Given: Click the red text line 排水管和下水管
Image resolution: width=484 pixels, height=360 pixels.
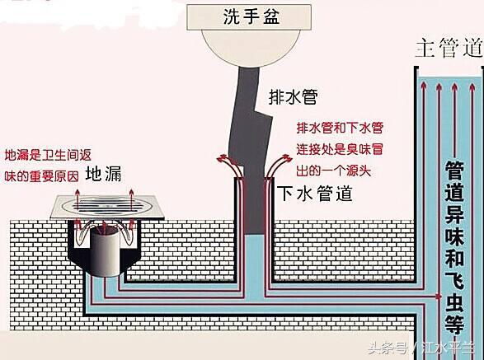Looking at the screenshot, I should tap(339, 129).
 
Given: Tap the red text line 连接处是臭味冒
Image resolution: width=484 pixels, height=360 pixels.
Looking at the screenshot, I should tap(339, 151).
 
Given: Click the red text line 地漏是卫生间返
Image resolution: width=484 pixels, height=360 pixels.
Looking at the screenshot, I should tap(47, 154).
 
